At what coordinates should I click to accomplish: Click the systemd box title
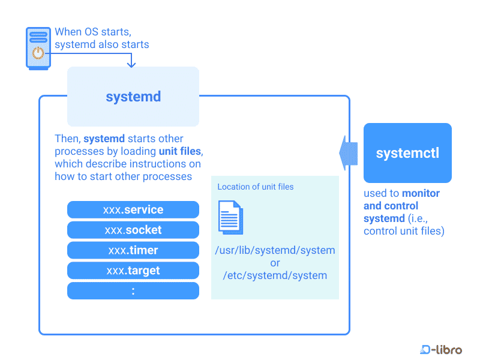(133, 97)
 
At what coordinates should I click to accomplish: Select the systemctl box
(407, 153)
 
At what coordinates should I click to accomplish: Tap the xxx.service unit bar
(133, 209)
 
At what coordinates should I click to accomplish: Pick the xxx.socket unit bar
(133, 230)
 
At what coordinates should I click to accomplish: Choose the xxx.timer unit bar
(133, 250)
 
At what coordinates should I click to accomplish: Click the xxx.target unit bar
(133, 271)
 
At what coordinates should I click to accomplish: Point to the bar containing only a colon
(133, 291)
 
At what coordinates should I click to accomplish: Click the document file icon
(230, 217)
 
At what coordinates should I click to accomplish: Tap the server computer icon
(38, 49)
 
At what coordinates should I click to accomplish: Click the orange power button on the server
(38, 53)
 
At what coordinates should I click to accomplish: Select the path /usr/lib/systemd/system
(275, 250)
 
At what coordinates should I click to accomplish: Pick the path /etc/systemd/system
(275, 275)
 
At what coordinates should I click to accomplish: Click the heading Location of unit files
(256, 187)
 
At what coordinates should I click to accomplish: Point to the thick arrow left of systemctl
(349, 153)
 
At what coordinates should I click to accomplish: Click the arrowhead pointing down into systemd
(131, 64)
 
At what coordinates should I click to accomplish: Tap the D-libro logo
(441, 349)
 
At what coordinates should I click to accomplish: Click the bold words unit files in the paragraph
(180, 151)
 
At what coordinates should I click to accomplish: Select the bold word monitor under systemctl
(421, 193)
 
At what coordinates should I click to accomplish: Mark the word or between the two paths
(275, 263)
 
